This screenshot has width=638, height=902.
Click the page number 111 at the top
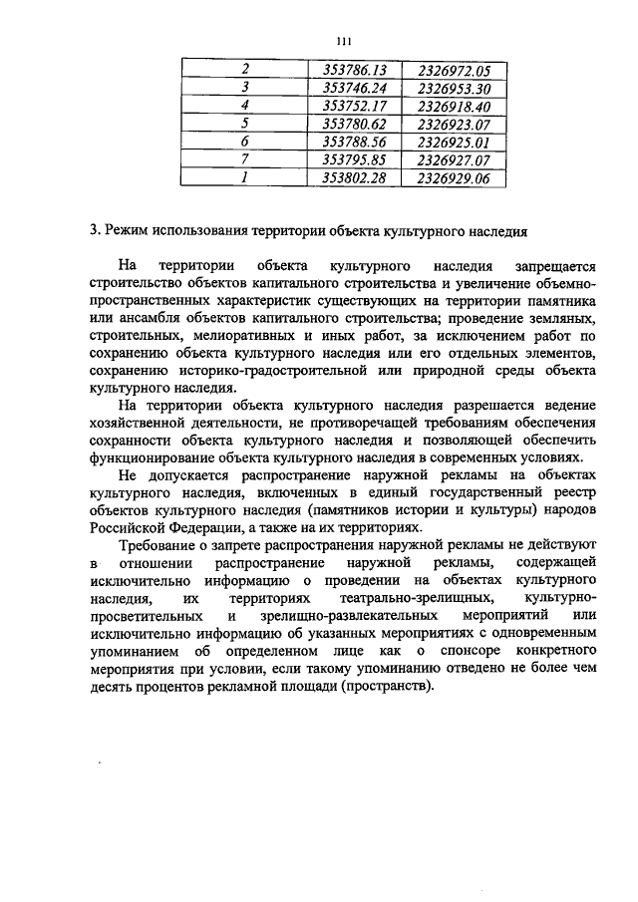[345, 40]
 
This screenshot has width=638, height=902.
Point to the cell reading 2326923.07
[455, 124]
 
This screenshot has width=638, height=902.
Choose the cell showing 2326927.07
[455, 159]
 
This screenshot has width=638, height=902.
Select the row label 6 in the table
[244, 142]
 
